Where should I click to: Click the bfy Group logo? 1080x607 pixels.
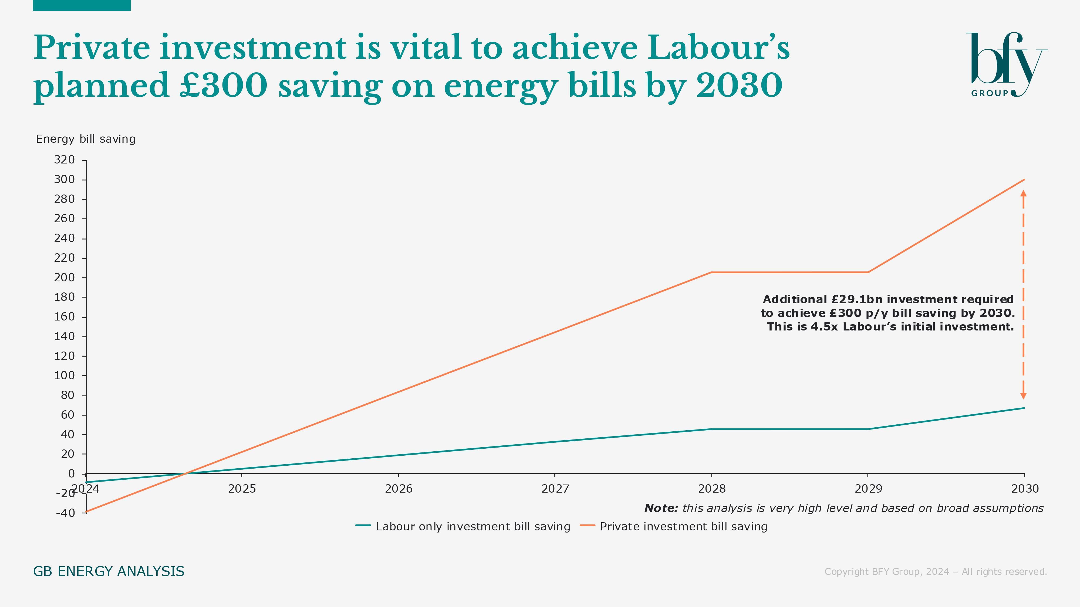pyautogui.click(x=1006, y=65)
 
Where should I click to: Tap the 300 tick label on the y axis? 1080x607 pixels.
pyautogui.click(x=64, y=180)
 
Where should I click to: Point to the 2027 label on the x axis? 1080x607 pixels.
pyautogui.click(x=555, y=489)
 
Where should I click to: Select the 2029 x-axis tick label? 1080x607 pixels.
pyautogui.click(x=868, y=489)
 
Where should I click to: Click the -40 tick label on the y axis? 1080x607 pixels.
pyautogui.click(x=65, y=513)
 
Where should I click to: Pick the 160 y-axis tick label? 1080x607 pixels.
pyautogui.click(x=64, y=317)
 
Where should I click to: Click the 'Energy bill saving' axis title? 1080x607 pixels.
pyautogui.click(x=86, y=139)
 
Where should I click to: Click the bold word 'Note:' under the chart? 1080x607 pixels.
pyautogui.click(x=661, y=509)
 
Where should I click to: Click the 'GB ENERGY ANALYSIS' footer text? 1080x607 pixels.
pyautogui.click(x=109, y=571)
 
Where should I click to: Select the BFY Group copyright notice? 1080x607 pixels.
pyautogui.click(x=935, y=572)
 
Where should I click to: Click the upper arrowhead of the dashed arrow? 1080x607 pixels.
pyautogui.click(x=1023, y=193)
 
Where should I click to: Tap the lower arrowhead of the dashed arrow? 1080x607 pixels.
pyautogui.click(x=1023, y=396)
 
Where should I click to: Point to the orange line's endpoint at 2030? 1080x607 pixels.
pyautogui.click(x=1024, y=180)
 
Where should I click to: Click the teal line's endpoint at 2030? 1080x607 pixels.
pyautogui.click(x=1024, y=408)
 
